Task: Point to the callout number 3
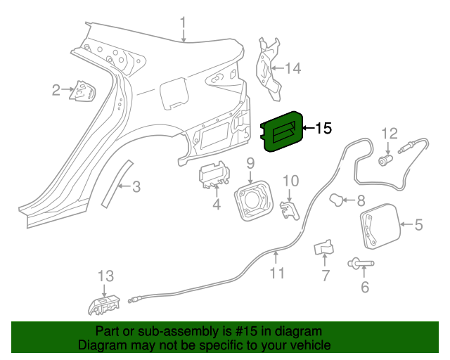[136, 186]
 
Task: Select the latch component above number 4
[215, 176]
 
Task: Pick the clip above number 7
[324, 248]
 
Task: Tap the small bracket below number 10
[288, 210]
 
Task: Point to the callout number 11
[278, 272]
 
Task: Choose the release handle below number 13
[103, 304]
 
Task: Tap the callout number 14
[292, 68]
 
